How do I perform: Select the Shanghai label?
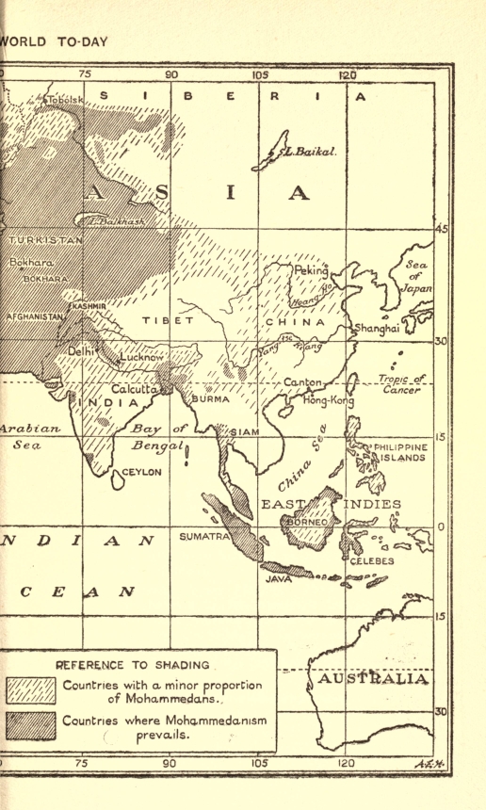377,329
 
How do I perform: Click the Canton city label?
303,382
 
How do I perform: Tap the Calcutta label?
135,389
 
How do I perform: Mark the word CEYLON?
142,472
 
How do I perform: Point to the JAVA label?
278,579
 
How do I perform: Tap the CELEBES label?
373,561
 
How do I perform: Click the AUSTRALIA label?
374,679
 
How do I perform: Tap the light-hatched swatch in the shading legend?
31,690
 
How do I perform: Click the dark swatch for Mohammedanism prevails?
31,726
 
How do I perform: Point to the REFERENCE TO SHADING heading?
138,664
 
